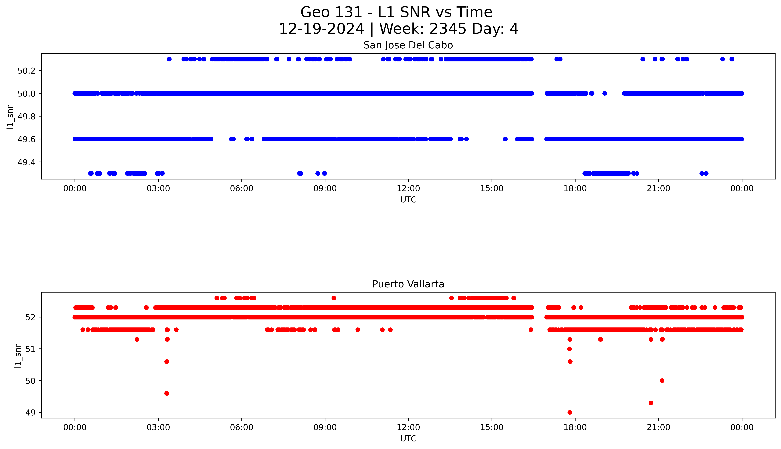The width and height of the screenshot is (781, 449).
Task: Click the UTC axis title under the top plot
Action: (408, 200)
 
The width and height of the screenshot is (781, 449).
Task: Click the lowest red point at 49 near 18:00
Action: (570, 412)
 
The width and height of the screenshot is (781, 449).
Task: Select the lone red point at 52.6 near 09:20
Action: (334, 298)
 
